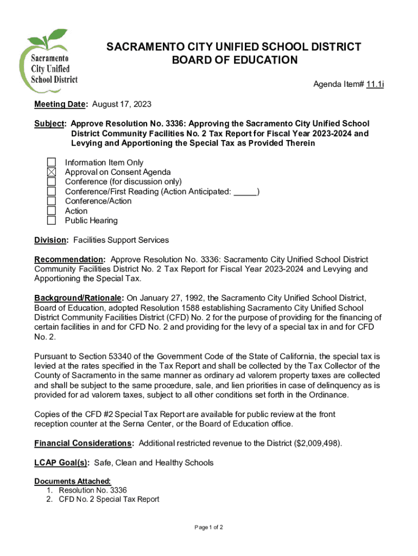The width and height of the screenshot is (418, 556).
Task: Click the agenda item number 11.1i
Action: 375,85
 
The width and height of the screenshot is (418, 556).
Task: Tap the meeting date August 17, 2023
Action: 122,104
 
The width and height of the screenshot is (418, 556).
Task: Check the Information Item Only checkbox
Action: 51,162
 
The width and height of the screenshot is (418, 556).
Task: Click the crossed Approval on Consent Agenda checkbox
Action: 51,172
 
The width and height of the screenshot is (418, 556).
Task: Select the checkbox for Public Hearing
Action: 51,220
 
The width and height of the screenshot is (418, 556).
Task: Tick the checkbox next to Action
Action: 51,211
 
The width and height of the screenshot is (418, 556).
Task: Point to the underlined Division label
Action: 51,240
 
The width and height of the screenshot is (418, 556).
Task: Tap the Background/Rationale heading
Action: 79,298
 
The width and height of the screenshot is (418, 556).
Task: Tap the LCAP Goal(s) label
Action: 61,463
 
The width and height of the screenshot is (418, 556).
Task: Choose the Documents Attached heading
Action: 72,481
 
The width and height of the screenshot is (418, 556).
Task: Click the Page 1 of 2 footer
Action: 208,527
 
